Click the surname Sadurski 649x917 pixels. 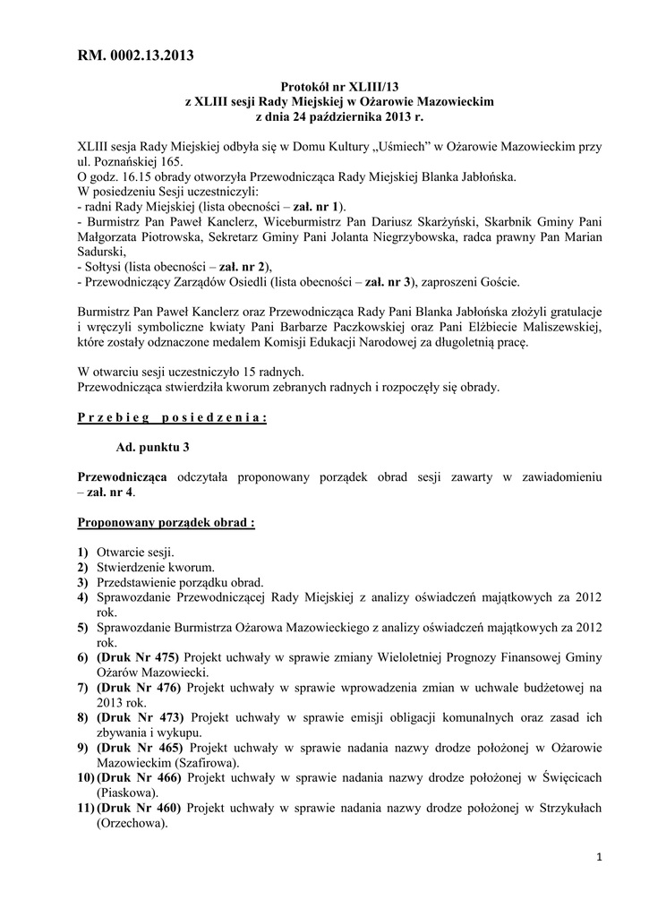(x=105, y=253)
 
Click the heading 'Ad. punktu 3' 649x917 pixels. (x=153, y=446)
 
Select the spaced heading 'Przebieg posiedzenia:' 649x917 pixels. (x=173, y=416)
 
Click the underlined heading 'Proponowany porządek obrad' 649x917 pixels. (x=167, y=522)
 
